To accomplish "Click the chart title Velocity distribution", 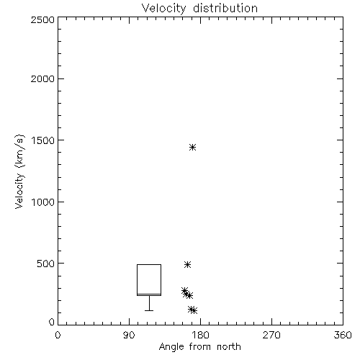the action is pos(199,9).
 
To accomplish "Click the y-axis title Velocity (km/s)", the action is pos(19,171).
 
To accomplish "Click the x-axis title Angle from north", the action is pos(199,347).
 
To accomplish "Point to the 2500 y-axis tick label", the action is pos(42,19).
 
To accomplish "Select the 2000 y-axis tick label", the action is pos(42,78).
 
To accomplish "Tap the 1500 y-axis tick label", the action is pos(43,140).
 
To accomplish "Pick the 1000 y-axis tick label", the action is pos(43,202).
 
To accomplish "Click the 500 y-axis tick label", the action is pos(46,264).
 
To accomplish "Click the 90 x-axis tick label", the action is pos(129,335).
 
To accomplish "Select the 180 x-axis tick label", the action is pos(200,335).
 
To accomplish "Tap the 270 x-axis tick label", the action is pos(271,335).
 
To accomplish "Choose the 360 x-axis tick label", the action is pos(343,335).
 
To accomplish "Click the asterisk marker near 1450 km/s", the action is pos(192,147).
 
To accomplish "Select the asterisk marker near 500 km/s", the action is pos(187,264).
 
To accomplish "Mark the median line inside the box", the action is pos(149,294).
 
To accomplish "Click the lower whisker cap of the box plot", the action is pos(149,310).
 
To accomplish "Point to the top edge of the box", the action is pos(149,264).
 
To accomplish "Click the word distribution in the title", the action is pos(225,9).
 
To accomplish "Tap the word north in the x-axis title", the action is pos(229,347).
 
